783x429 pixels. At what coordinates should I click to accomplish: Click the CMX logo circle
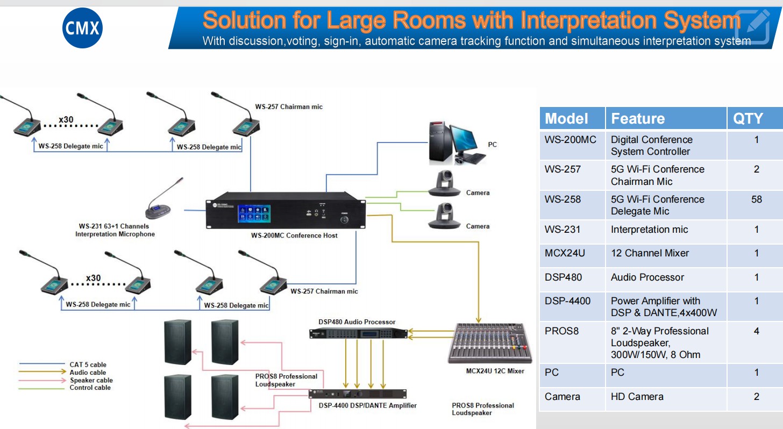tap(82, 27)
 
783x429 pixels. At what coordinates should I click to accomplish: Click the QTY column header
tap(748, 118)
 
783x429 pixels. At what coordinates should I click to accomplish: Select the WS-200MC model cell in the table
tap(570, 140)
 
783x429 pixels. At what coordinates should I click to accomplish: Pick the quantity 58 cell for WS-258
tap(756, 199)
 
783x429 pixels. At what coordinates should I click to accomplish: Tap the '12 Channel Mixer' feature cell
tap(650, 253)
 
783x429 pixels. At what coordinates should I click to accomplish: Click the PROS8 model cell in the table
tap(561, 331)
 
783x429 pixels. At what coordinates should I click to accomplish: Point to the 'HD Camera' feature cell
tap(637, 397)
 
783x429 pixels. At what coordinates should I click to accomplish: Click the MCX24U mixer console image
tap(489, 343)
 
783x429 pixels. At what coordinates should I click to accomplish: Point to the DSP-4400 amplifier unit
tap(358, 394)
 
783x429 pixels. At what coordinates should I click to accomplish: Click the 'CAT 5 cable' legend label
tap(88, 364)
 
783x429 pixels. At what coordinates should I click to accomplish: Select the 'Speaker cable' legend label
tap(91, 380)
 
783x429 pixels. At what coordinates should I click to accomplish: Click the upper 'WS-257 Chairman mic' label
tap(289, 107)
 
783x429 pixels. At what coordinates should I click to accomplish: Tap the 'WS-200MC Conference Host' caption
tap(294, 235)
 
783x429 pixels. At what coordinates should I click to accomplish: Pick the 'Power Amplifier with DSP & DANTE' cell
tap(663, 306)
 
